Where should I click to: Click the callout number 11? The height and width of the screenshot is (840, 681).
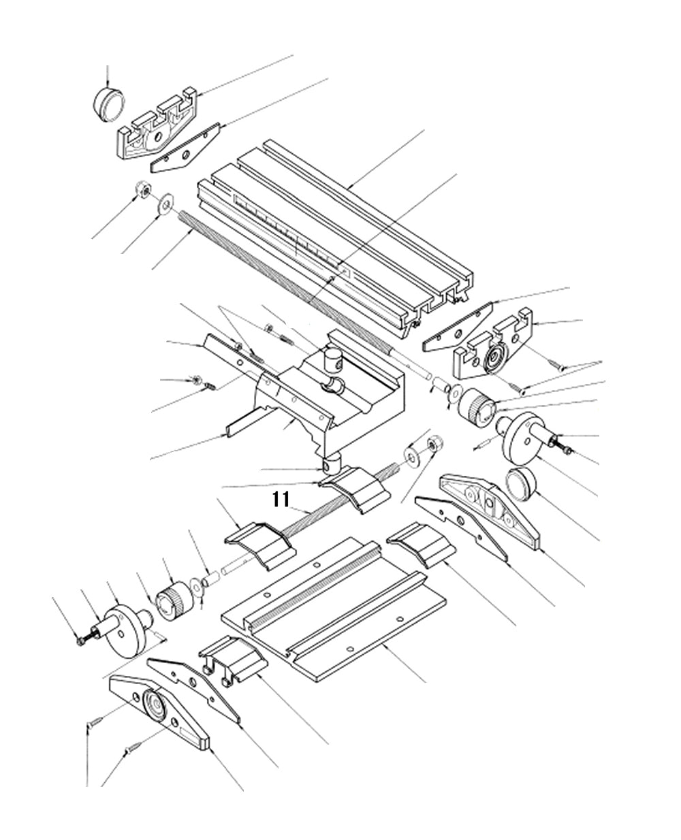(281, 500)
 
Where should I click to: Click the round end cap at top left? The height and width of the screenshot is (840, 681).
(109, 104)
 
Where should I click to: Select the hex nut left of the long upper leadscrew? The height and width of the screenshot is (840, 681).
(142, 190)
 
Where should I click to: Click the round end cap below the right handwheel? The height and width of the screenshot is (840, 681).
(522, 485)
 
